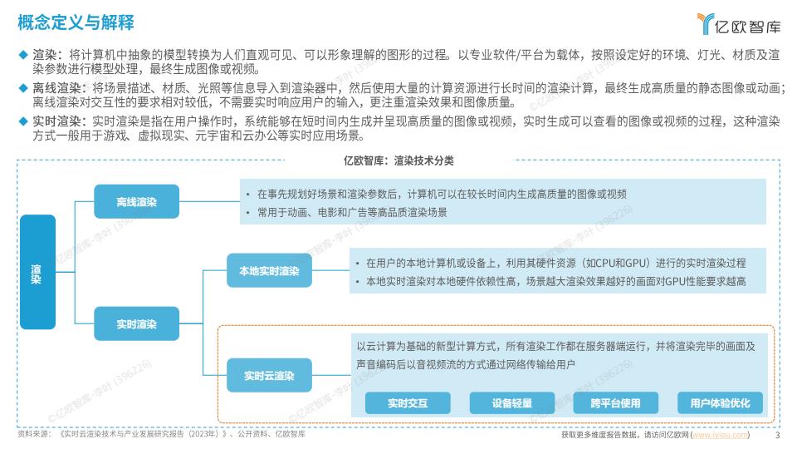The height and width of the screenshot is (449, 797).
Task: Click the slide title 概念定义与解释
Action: (x=76, y=22)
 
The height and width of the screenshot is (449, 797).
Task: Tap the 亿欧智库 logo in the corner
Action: (x=738, y=24)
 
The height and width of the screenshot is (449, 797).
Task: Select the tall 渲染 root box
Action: (x=37, y=272)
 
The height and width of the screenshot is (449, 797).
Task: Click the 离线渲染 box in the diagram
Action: (x=137, y=201)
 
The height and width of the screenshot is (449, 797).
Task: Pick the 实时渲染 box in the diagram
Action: (x=137, y=323)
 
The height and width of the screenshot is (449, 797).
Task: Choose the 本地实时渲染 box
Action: (x=269, y=271)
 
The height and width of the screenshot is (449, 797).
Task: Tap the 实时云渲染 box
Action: (x=269, y=376)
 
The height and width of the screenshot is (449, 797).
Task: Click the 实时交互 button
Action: (x=408, y=403)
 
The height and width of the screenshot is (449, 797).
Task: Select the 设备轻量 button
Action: (x=512, y=403)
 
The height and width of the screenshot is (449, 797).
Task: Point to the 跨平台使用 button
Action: (x=615, y=403)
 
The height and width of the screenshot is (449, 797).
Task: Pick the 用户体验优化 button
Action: (x=720, y=403)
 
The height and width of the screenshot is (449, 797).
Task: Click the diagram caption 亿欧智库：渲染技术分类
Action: (x=398, y=160)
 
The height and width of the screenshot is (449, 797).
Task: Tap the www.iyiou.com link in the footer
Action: (x=721, y=435)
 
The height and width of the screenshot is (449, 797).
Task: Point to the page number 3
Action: (x=777, y=435)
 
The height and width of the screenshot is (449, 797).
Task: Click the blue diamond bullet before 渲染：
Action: (x=23, y=54)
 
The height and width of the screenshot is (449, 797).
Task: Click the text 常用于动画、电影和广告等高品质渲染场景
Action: (x=352, y=212)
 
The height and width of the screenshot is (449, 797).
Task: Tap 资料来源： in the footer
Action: (x=35, y=434)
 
